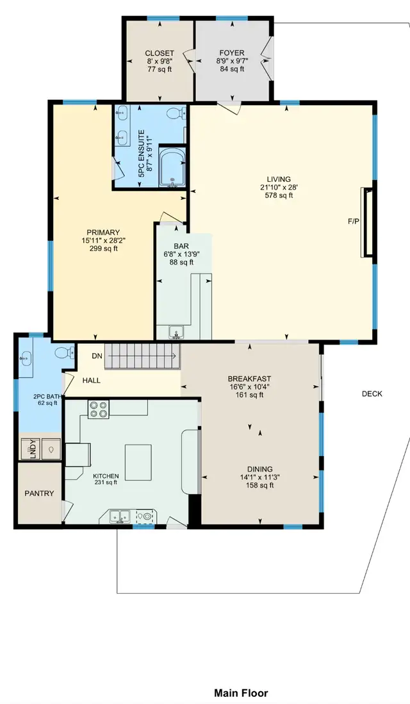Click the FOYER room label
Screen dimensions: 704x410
[232, 53]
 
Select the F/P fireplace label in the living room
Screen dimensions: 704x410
[354, 222]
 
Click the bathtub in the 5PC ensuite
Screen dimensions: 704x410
[171, 168]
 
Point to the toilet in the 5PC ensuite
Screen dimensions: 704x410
[174, 115]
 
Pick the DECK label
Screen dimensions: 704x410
[372, 394]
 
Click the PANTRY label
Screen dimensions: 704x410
[39, 493]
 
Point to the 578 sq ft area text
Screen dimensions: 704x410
[279, 195]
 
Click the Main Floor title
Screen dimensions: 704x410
[241, 693]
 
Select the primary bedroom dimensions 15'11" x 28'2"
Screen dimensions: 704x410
[104, 241]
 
